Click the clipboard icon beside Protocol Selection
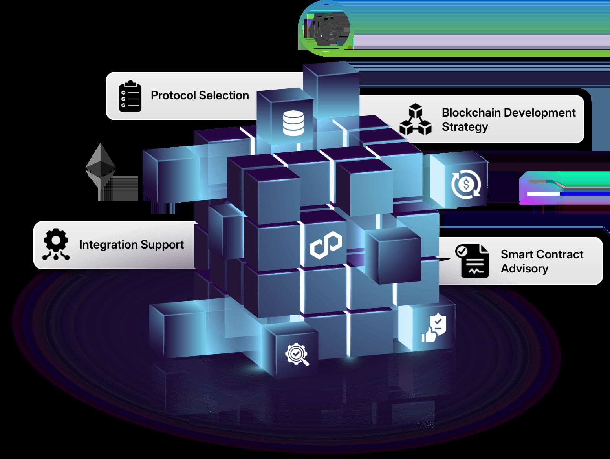pos(130,96)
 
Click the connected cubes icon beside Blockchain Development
pos(415,119)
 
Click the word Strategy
pos(465,127)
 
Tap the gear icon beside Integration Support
pos(56,244)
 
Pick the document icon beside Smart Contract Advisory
pos(473,261)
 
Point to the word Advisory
pos(524,269)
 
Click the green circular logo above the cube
pos(326,28)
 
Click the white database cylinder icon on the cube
pos(293,123)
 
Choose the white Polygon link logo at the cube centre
pos(326,245)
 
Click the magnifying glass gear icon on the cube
pos(297,355)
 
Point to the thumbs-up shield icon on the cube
pos(434,328)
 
